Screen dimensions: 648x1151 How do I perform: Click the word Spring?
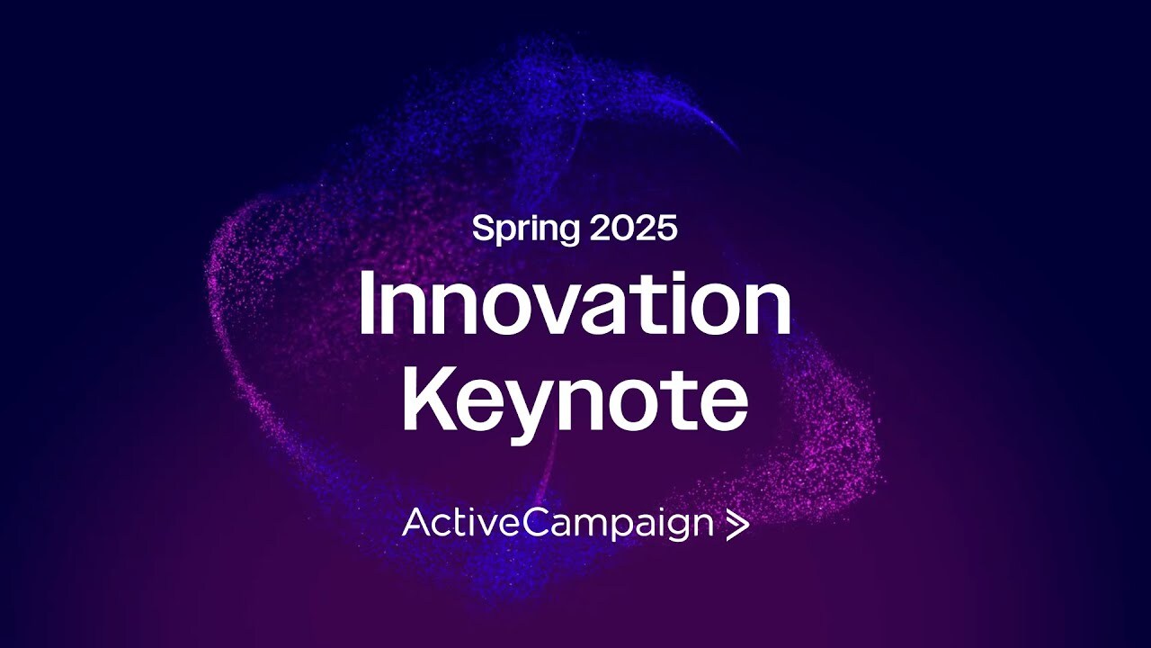point(526,229)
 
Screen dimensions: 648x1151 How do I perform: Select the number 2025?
point(634,228)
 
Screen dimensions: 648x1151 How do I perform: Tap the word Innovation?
point(575,303)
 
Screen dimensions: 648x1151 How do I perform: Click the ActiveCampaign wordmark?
point(558,524)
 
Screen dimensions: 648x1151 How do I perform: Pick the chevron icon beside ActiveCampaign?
point(737,525)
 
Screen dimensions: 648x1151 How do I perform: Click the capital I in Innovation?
point(366,303)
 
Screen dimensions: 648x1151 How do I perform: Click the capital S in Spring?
point(484,228)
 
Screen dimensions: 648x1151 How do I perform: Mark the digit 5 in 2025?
point(666,228)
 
